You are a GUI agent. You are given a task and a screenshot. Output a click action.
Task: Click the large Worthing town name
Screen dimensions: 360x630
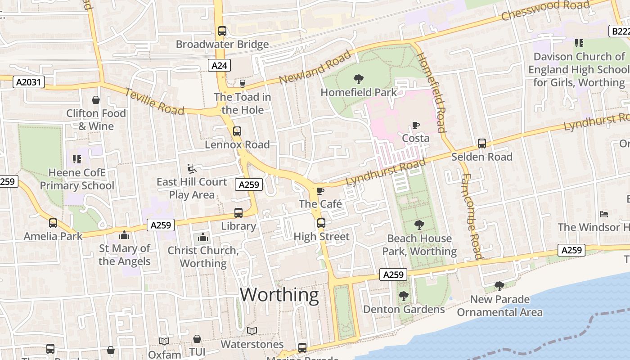click(279, 295)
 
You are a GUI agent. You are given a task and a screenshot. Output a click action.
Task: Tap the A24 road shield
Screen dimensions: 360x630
click(220, 66)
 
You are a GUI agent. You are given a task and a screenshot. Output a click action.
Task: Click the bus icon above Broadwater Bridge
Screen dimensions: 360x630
click(222, 31)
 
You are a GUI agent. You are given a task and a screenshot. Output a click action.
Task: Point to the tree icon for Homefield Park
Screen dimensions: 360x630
click(358, 79)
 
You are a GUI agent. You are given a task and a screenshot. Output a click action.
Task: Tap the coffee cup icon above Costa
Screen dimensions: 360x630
click(415, 125)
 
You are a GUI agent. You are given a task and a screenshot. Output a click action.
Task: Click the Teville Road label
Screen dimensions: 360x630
click(154, 101)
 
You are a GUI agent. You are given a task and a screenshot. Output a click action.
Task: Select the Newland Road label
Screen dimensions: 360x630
click(315, 67)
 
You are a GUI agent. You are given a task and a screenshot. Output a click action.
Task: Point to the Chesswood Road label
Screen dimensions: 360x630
click(545, 10)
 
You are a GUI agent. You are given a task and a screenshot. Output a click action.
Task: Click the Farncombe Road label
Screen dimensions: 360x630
click(471, 216)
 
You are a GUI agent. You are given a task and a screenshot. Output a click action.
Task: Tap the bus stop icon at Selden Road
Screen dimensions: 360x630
click(482, 144)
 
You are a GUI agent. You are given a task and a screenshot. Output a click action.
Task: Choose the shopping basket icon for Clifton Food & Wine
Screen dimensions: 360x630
click(95, 100)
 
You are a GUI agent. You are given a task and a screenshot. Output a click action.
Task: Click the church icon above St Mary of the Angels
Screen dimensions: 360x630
click(124, 235)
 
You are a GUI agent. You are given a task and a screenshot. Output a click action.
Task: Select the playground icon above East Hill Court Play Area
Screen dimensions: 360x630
click(192, 169)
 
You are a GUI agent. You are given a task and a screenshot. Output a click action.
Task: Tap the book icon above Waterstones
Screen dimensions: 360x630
click(252, 331)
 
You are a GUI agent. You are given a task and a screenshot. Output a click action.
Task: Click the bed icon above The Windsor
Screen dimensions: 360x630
click(603, 214)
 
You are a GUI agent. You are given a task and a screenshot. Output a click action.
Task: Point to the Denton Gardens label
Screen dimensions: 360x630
click(404, 309)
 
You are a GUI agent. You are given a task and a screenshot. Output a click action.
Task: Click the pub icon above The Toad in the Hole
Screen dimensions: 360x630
click(242, 84)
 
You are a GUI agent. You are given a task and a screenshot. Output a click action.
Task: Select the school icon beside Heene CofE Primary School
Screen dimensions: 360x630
click(76, 159)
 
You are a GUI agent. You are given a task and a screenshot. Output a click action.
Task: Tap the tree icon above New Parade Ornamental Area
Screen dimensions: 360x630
click(499, 286)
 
